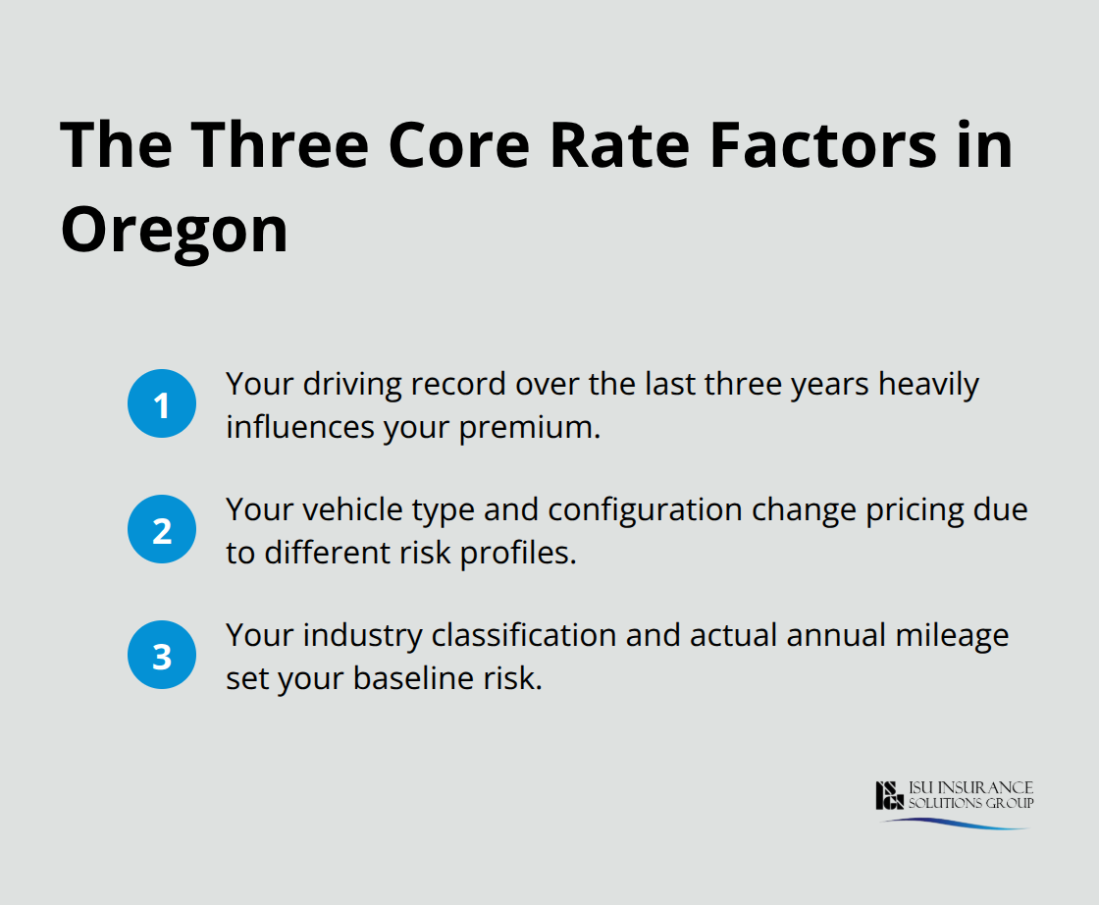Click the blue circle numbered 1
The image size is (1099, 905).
[x=162, y=403]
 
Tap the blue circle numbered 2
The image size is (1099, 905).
[x=162, y=530]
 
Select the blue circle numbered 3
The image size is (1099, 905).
[x=162, y=656]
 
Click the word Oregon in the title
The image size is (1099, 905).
[x=175, y=231]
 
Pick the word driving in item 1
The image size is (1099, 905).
[x=346, y=385]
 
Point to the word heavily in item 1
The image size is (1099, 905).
[x=928, y=385]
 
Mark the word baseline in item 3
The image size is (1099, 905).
[x=396, y=679]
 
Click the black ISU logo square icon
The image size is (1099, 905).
[x=889, y=796]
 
